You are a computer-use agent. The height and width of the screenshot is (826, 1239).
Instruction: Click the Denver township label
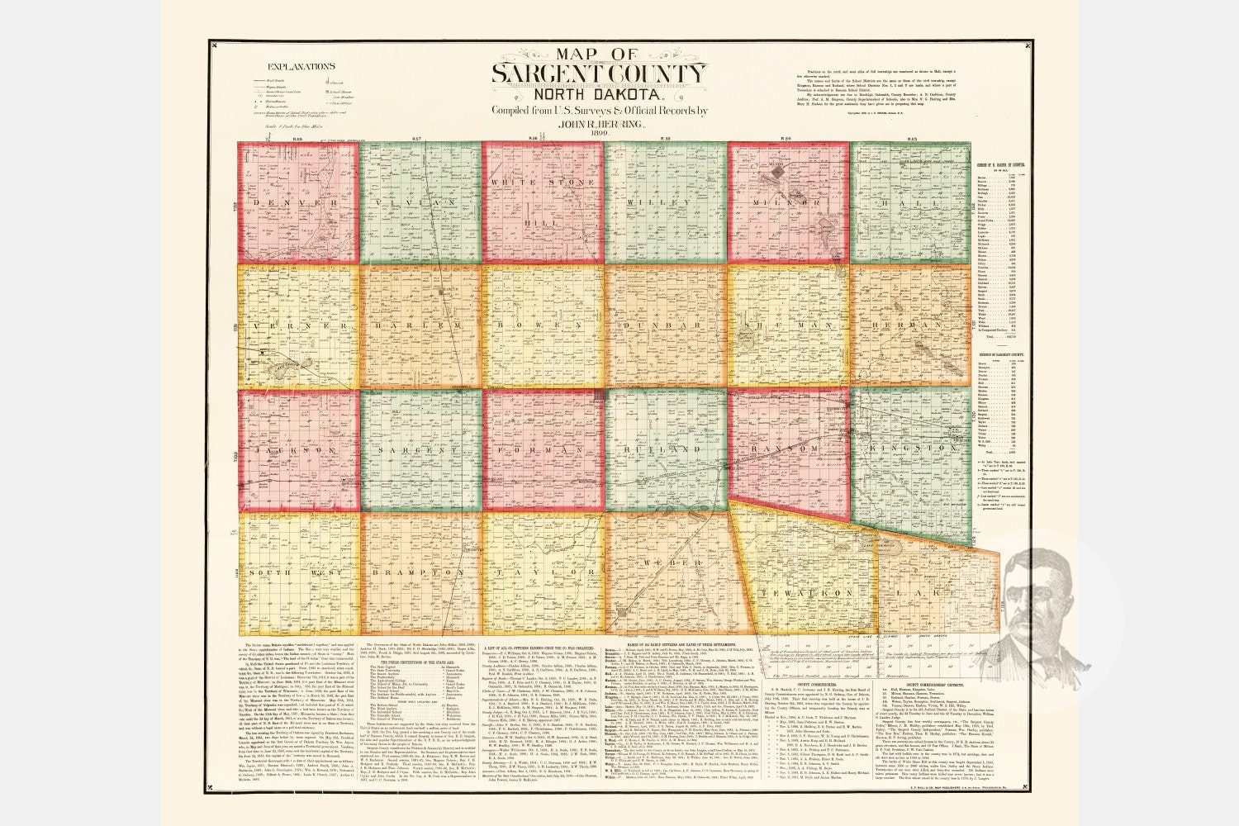pos(297,202)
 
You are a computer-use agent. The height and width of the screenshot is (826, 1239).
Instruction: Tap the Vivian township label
pos(420,202)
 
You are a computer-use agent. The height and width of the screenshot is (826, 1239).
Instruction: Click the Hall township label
pos(911,202)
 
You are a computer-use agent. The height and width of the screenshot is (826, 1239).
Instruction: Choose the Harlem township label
pos(420,326)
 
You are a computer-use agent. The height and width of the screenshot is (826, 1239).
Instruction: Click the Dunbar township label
pos(664,326)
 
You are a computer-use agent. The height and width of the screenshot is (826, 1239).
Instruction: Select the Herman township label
pos(911,326)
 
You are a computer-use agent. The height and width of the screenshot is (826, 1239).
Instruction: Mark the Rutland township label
pos(665,450)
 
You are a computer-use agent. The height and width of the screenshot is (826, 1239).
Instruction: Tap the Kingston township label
pos(911,450)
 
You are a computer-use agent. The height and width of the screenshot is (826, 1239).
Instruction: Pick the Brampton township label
pos(420,572)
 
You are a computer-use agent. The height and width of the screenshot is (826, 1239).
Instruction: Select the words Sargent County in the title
pos(599,74)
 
